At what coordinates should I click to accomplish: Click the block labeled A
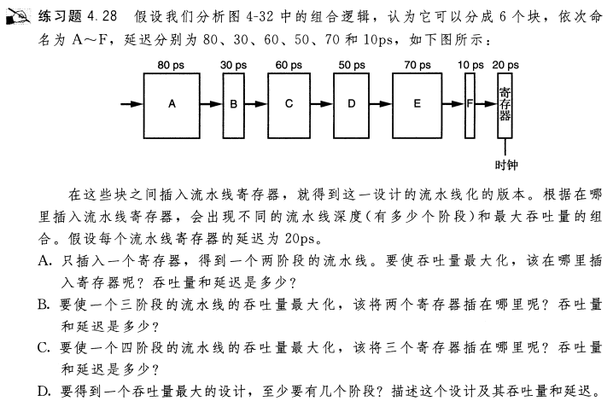[172, 103]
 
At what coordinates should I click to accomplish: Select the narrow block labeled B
[234, 103]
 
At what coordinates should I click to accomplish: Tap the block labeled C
[289, 103]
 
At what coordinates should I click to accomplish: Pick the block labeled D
[351, 103]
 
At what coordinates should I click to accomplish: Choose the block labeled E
[417, 103]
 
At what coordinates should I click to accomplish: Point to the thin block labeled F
[470, 103]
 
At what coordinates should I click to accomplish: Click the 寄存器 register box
[505, 103]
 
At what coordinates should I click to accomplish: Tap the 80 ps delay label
[172, 64]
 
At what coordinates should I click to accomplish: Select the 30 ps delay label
[233, 64]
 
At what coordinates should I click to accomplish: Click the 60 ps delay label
[289, 64]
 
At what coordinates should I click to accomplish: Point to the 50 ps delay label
[351, 64]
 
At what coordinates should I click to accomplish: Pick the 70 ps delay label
[417, 64]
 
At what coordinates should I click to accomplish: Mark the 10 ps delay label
[470, 64]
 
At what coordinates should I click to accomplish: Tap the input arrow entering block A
[130, 104]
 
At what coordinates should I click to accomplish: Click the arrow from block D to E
[382, 104]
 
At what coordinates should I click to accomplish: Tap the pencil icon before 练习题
[20, 15]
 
